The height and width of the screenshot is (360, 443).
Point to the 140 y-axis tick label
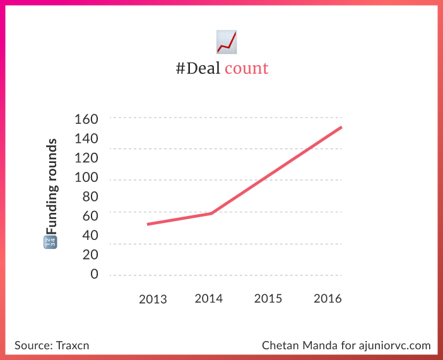[87, 138]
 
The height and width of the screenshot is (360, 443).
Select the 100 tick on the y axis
[87, 177]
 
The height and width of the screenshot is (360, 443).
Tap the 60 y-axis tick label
[91, 216]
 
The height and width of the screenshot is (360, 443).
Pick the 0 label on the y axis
[95, 273]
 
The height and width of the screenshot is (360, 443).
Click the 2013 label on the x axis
[153, 299]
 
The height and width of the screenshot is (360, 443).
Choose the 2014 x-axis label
[209, 299]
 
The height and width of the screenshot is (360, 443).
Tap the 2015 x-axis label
[268, 299]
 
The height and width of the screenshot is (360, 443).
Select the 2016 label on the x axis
[327, 299]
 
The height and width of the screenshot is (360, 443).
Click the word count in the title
[246, 68]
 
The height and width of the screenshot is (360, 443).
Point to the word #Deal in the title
[198, 68]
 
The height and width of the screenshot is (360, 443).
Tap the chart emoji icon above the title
[226, 41]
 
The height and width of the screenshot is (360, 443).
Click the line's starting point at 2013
[148, 224]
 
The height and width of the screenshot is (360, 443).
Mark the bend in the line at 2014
[211, 213]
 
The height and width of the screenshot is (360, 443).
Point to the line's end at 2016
[341, 128]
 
